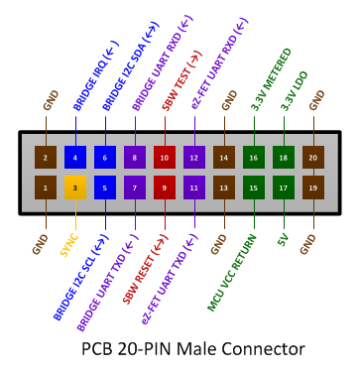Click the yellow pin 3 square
(75, 186)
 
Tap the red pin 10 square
(165, 157)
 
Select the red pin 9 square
(165, 186)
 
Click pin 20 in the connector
(313, 157)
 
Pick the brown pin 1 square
(46, 186)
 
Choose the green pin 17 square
(284, 186)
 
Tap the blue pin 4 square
(75, 157)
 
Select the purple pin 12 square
(194, 157)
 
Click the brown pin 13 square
(224, 186)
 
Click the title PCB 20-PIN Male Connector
(192, 348)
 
